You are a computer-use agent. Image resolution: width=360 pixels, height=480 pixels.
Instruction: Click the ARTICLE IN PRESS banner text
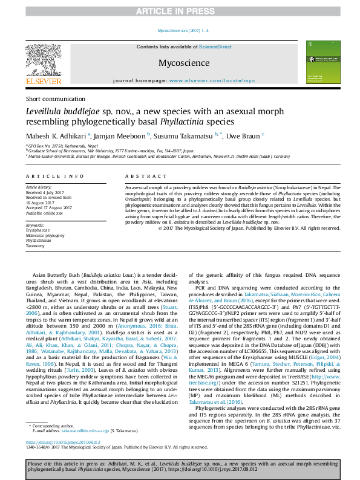click(x=180, y=11)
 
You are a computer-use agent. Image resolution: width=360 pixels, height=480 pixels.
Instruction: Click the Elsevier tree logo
click(x=44, y=60)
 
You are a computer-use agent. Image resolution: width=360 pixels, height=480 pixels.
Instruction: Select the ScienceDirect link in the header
click(x=215, y=47)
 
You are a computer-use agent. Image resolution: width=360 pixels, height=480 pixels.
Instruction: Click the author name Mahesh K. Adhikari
click(x=56, y=135)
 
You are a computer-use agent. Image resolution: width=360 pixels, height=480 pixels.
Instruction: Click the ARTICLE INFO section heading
click(x=54, y=176)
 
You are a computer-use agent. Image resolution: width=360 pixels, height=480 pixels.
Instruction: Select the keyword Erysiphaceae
click(x=38, y=230)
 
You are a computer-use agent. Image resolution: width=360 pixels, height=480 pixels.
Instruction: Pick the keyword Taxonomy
click(x=35, y=246)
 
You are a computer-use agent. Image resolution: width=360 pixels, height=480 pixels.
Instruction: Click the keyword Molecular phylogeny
click(x=45, y=236)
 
